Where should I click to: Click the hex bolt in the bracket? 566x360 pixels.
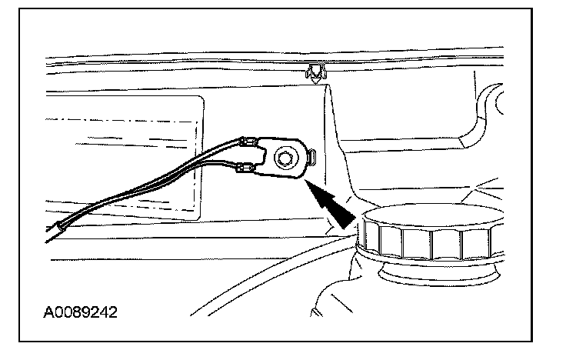click(284, 159)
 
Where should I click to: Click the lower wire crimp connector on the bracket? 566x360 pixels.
click(248, 168)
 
